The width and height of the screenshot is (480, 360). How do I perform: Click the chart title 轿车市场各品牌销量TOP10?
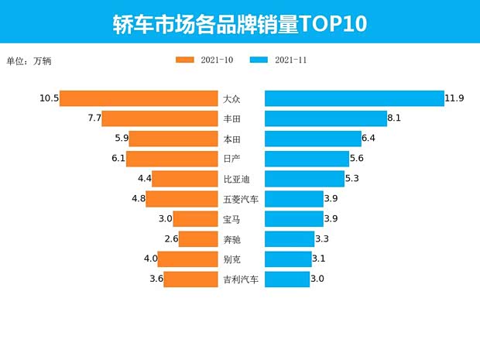pos(239,22)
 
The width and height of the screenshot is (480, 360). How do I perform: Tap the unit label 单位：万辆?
pos(28,60)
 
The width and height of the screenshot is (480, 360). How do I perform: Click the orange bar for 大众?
pos(139,98)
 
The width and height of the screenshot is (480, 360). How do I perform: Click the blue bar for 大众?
pos(355,98)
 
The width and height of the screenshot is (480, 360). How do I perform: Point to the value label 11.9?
pos(454,98)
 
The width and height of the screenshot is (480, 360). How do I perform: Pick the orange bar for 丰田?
pos(159,118)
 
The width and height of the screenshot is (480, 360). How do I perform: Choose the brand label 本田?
pos(231,139)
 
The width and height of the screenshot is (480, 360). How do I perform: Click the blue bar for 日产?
pos(307,159)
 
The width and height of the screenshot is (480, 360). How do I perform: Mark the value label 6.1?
pos(118,159)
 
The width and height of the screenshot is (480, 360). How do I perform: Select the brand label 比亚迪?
pos(236,179)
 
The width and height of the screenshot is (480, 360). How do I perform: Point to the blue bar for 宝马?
pos(294,219)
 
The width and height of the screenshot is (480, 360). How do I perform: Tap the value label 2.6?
pos(171,239)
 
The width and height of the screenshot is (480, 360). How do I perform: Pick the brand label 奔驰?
pos(231,239)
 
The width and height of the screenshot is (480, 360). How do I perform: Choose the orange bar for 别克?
pos(187,259)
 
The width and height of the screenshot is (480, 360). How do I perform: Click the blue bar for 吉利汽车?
pos(287,279)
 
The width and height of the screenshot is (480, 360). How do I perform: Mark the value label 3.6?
pos(156,279)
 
